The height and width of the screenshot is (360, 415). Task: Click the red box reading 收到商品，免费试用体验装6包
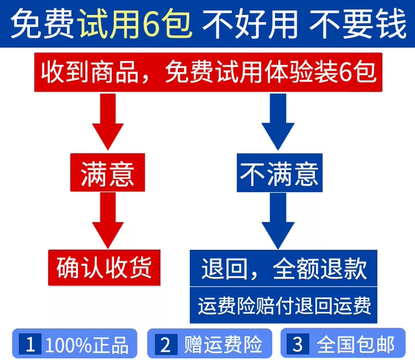(x=207, y=72)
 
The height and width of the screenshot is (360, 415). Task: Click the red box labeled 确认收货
(x=104, y=267)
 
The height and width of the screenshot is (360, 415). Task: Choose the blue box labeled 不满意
(x=279, y=173)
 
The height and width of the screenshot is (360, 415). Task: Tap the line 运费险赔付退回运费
(x=284, y=304)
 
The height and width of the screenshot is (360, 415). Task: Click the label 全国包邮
(x=355, y=343)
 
